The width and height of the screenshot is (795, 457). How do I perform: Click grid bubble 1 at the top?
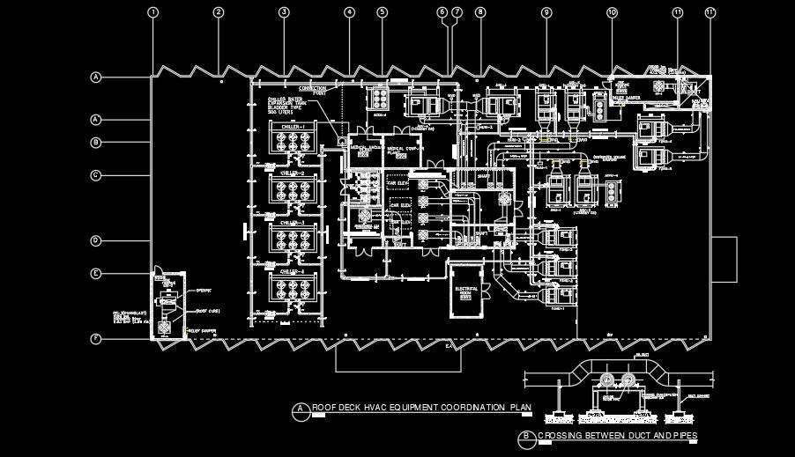click(153, 12)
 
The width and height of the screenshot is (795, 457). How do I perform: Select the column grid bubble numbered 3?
click(284, 12)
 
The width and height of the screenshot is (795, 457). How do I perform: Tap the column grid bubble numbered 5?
click(382, 12)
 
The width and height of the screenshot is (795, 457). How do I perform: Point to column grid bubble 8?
click(479, 12)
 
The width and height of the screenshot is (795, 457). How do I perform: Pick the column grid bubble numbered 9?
click(546, 12)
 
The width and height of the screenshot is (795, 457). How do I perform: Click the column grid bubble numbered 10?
click(612, 12)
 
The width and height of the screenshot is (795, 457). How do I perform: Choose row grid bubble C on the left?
click(96, 175)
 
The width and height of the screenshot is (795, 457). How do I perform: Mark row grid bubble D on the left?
click(96, 240)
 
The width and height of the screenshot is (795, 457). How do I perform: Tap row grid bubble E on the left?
click(96, 274)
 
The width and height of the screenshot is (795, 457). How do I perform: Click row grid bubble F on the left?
click(96, 339)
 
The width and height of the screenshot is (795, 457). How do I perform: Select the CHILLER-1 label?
click(293, 127)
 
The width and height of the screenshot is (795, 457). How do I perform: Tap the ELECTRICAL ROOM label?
click(464, 290)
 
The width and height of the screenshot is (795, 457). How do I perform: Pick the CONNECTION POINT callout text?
click(314, 90)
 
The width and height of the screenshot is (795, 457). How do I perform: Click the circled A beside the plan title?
click(301, 408)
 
